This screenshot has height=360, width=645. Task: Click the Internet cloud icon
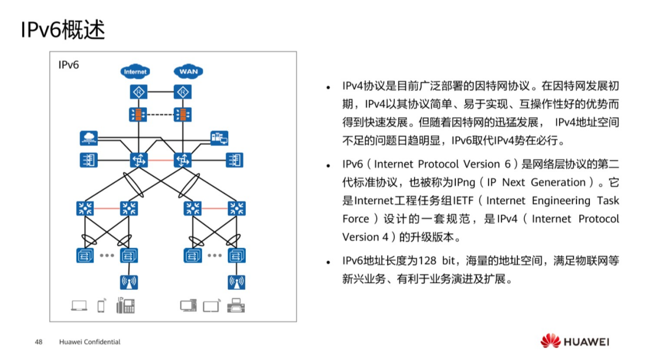coord(135,72)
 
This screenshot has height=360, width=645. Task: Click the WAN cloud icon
coord(188,72)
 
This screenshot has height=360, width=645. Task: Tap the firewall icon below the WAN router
coord(183,114)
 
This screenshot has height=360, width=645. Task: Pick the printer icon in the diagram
coord(236,305)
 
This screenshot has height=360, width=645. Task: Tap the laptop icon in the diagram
coord(79,305)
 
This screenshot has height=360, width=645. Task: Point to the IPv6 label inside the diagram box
coord(69,65)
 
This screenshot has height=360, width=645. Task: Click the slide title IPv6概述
coord(63,30)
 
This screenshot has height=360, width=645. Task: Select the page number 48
coord(39,342)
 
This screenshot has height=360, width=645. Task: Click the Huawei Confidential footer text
coord(90,342)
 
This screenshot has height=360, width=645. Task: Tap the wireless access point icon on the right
coord(236,282)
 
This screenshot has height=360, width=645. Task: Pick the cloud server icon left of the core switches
coord(89,138)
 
